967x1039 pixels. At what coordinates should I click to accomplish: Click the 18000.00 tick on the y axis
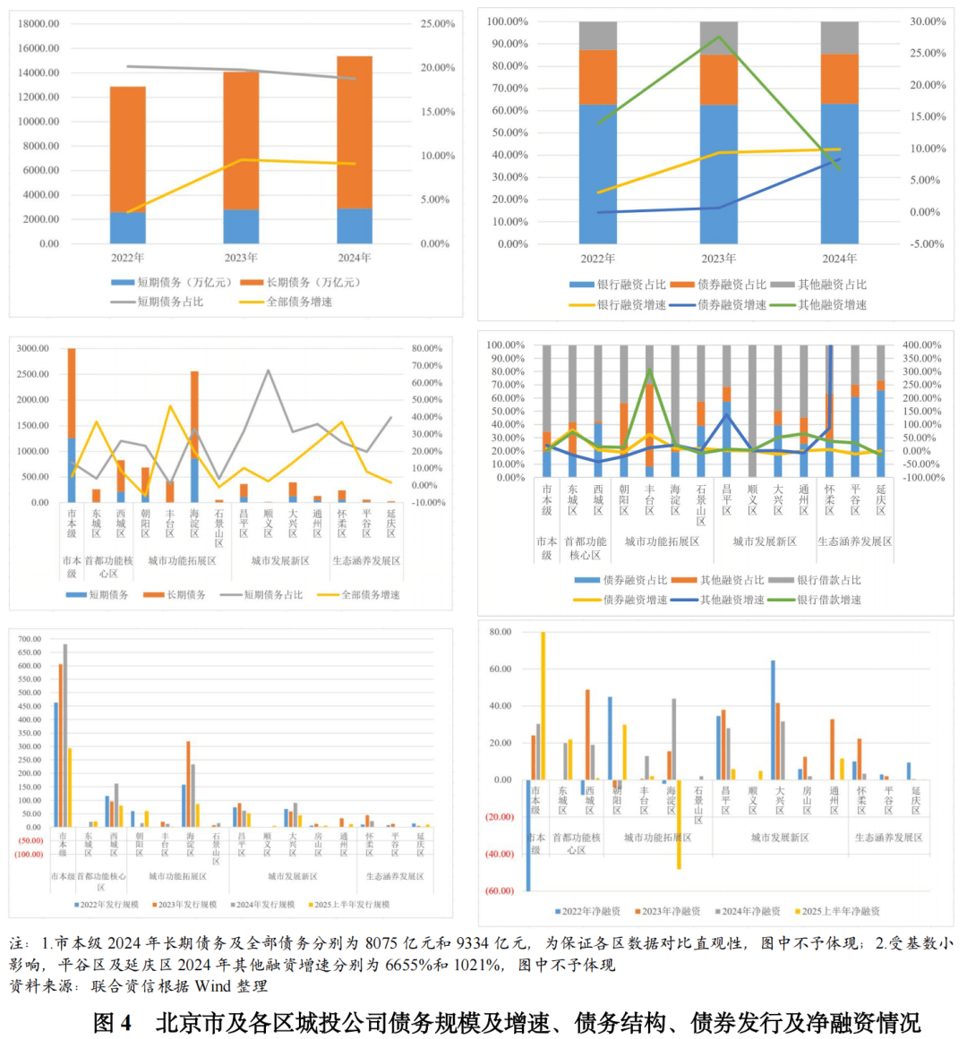tap(39, 24)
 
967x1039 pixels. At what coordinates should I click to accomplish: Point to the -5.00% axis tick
tap(927, 243)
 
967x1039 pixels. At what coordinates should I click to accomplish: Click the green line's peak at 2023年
tap(719, 37)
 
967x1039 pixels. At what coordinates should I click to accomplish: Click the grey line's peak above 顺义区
tap(268, 370)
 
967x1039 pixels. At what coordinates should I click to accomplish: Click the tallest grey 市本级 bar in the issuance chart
tap(65, 734)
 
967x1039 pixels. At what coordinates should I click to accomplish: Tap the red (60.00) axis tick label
tap(500, 891)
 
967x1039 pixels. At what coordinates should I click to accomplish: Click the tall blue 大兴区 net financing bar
tap(773, 720)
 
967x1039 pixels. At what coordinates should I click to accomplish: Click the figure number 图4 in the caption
tap(113, 1022)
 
